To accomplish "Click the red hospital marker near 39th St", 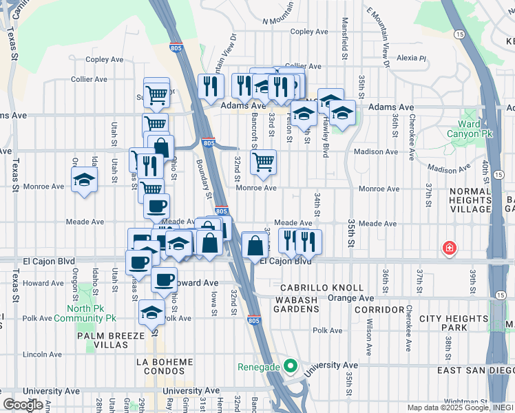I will [449, 248].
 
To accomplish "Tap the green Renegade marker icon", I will [291, 365].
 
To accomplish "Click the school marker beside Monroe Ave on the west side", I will [85, 180].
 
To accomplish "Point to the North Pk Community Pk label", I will [92, 313].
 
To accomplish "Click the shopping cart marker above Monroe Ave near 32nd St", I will [262, 163].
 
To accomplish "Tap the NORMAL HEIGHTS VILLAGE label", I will [471, 200].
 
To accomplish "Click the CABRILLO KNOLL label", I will [322, 287].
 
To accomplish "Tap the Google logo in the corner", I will [23, 405].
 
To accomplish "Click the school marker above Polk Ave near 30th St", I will [151, 313].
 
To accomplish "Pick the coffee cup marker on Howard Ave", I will [164, 279].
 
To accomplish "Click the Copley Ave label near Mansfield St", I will [311, 32].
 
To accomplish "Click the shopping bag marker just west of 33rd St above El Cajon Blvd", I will [255, 246].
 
